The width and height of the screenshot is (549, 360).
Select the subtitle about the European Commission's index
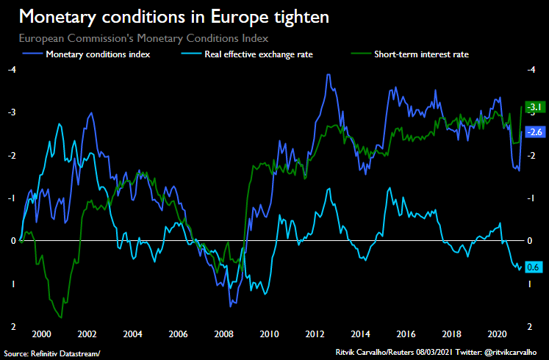(x=143, y=37)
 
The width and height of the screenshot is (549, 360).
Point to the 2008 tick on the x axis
(x=225, y=334)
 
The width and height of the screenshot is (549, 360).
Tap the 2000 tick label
(x=41, y=334)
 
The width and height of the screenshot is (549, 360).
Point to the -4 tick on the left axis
(x=11, y=70)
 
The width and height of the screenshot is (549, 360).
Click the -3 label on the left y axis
(x=11, y=112)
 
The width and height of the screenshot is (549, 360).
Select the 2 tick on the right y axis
(x=531, y=326)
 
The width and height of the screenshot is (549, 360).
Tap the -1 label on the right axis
(x=532, y=198)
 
